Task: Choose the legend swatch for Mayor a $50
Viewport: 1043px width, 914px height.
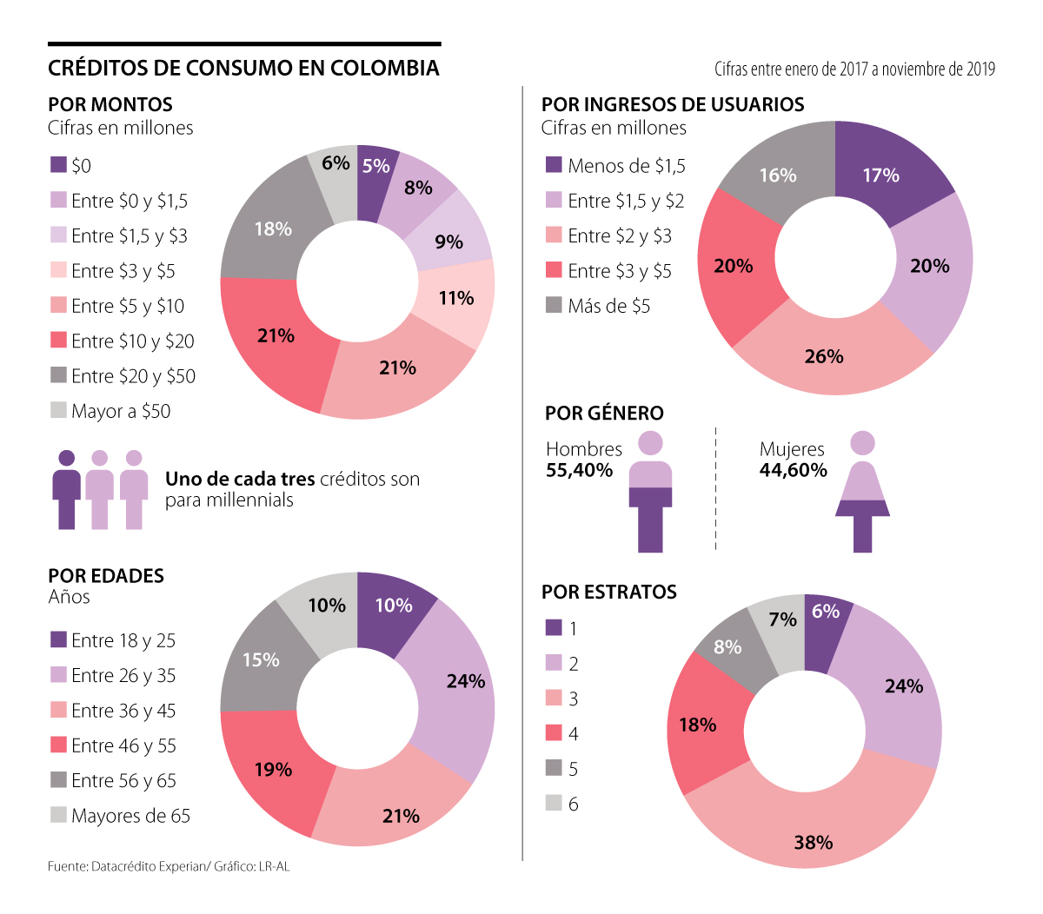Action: (x=58, y=410)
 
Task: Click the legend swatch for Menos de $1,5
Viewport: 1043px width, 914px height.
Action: (x=554, y=165)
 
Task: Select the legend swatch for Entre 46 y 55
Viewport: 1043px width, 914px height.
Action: (x=58, y=745)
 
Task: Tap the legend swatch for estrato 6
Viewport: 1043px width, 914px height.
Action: (x=554, y=803)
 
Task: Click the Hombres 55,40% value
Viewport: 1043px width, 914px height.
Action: (x=579, y=471)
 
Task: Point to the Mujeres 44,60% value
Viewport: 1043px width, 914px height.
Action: (x=793, y=471)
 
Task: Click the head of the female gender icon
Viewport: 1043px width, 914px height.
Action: (x=862, y=443)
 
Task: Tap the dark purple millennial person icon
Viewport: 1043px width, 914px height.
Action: (x=67, y=491)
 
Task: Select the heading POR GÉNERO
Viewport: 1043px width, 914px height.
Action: (x=604, y=414)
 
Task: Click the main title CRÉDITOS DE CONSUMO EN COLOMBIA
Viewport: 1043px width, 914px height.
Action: (x=243, y=68)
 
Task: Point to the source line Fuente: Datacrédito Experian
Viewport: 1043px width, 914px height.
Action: (x=169, y=866)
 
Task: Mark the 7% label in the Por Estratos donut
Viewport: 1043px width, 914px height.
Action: (x=782, y=619)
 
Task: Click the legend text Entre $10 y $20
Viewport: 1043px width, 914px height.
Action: (x=133, y=341)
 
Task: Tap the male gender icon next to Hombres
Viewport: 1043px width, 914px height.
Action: (x=650, y=495)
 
